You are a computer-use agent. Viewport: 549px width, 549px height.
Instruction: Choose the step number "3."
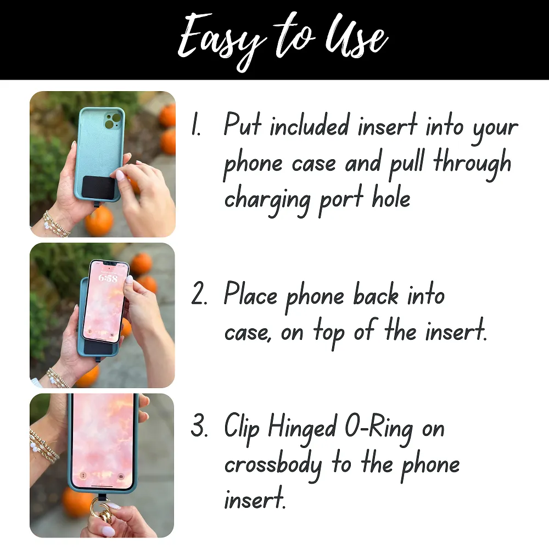(199, 429)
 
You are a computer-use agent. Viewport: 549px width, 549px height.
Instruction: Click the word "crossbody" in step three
(273, 466)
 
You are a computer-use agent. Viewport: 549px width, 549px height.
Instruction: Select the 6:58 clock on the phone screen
(108, 278)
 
